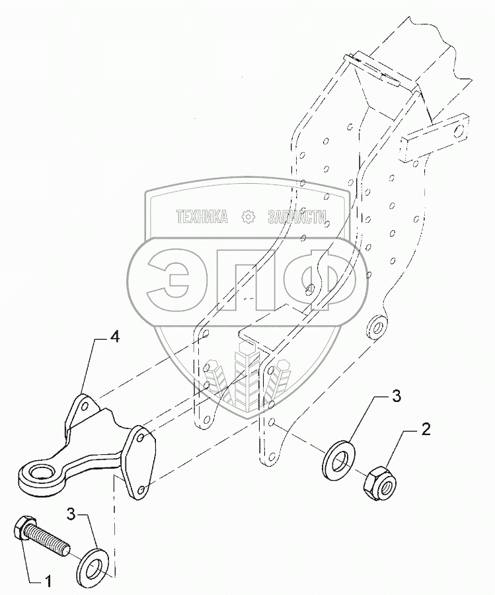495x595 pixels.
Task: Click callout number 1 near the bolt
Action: click(47, 582)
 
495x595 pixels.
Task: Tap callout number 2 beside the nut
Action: click(426, 430)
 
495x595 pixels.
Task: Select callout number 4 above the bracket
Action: click(114, 338)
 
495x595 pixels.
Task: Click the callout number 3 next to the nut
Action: click(395, 397)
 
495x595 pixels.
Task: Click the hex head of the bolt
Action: click(21, 529)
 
